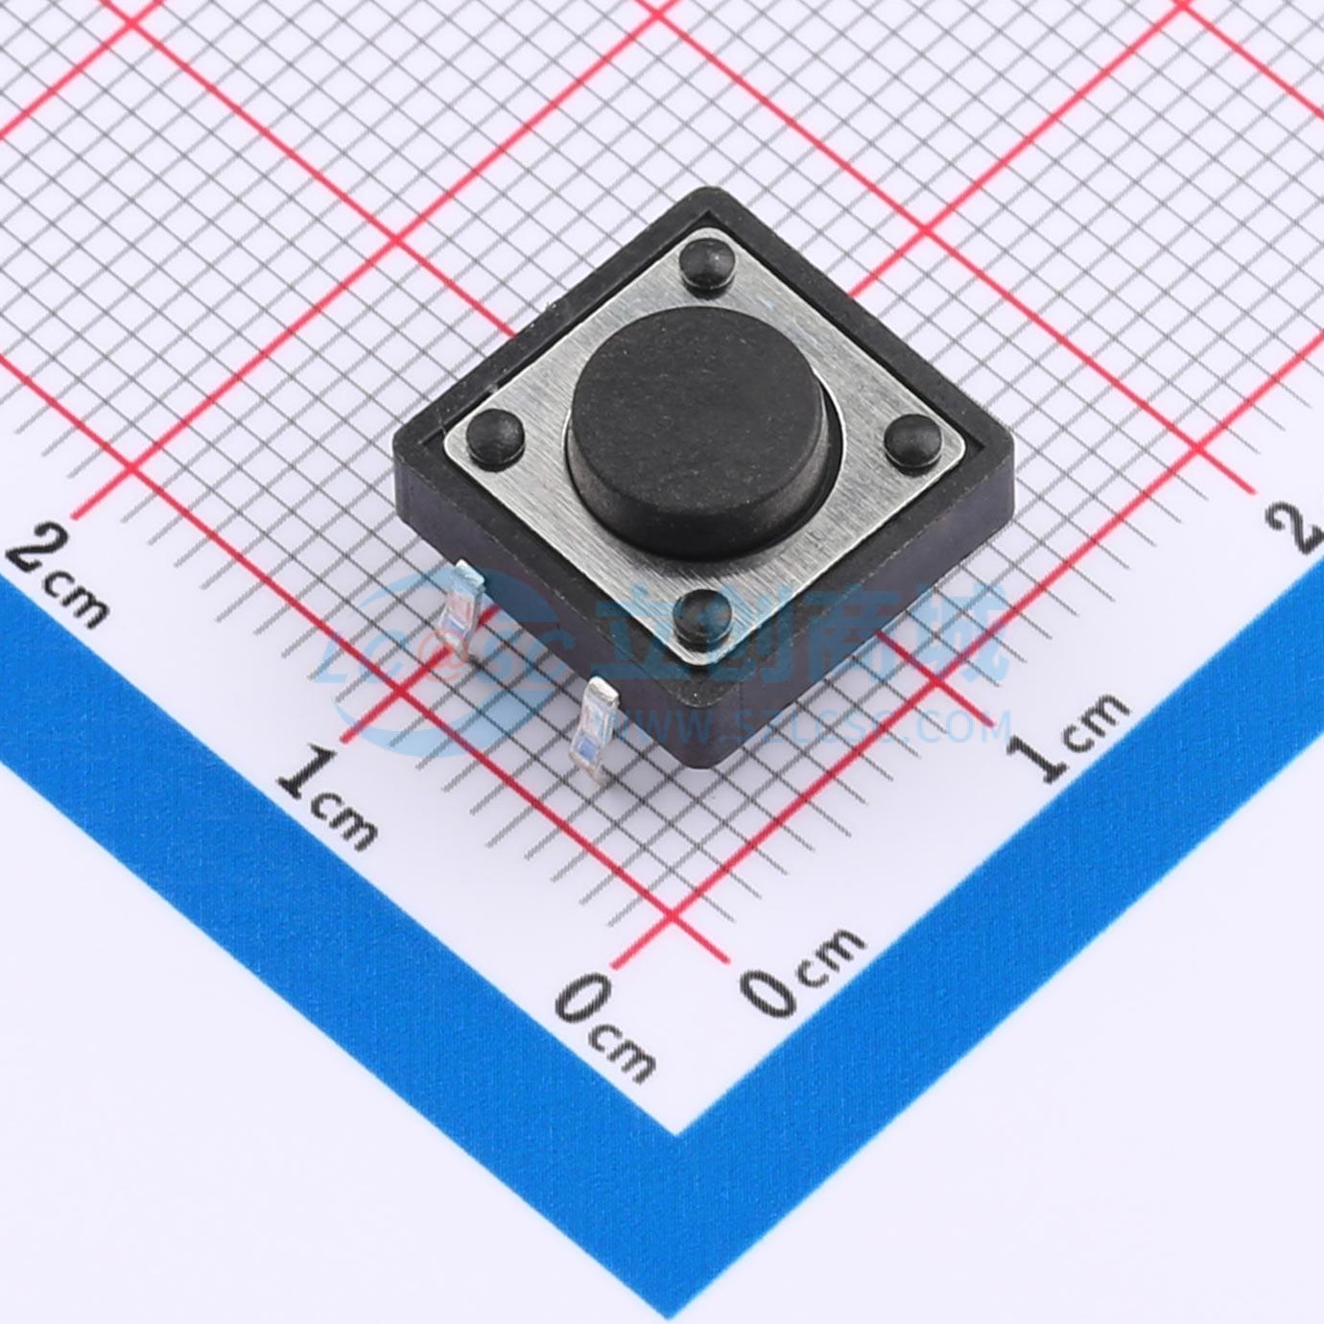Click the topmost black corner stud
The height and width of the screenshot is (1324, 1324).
[x=703, y=261]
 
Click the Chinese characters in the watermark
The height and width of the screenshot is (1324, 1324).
[x=801, y=633]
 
